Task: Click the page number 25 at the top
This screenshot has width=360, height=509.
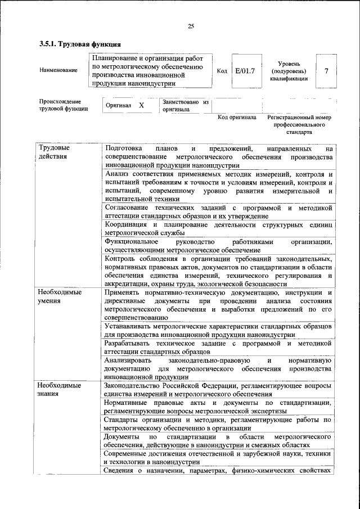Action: point(191,26)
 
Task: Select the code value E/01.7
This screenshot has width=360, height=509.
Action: point(245,71)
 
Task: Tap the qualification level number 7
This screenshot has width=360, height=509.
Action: point(327,71)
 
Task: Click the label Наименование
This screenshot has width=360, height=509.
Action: point(58,71)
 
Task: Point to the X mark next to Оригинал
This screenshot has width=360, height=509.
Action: point(141,105)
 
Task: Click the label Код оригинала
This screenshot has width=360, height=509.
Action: point(237,118)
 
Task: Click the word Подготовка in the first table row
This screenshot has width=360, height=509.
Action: point(123,148)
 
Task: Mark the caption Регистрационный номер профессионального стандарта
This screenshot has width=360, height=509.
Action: point(299,126)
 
